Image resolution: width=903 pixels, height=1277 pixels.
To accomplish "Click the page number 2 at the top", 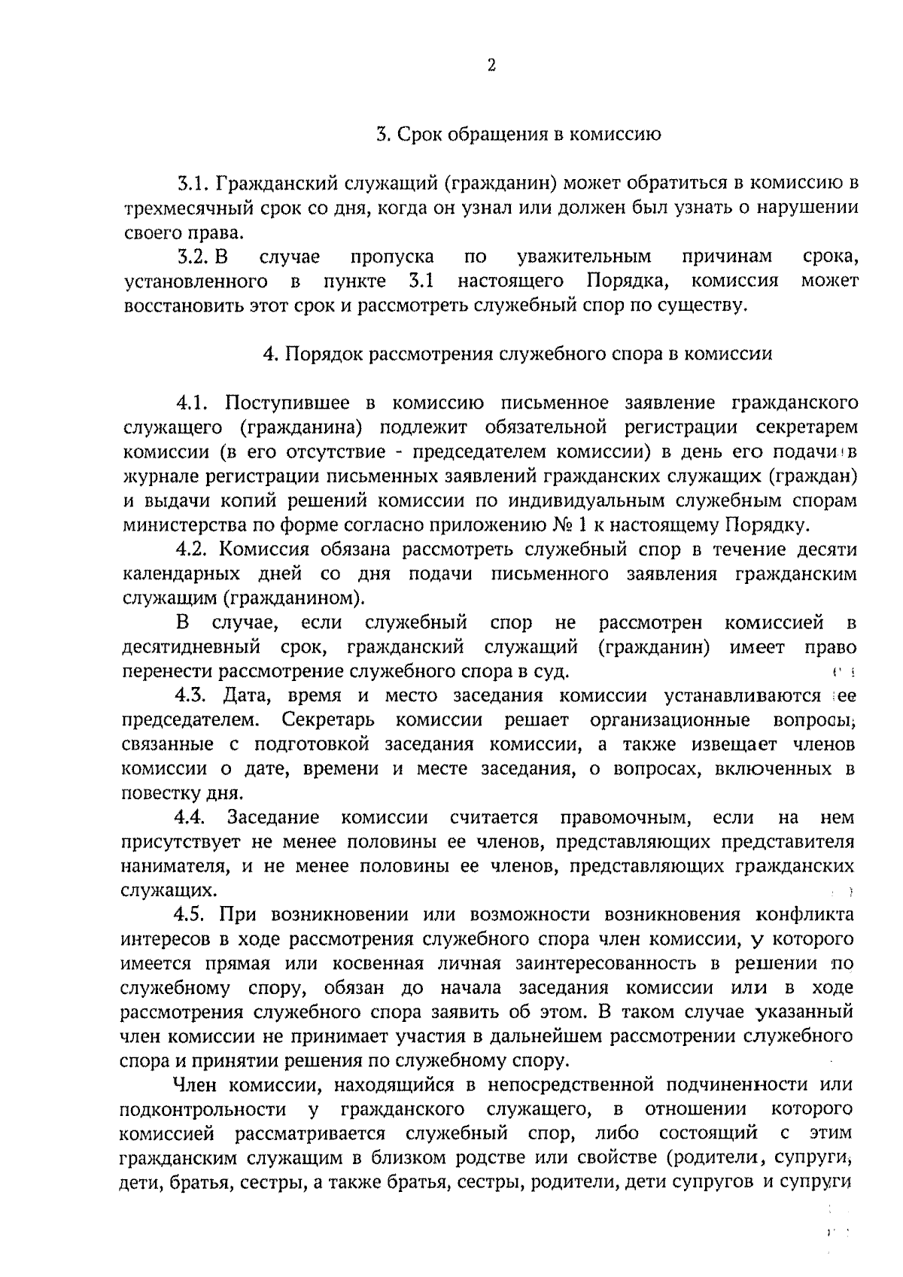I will pyautogui.click(x=492, y=65).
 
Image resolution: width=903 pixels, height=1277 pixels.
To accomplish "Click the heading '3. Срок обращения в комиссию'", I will pyautogui.click(x=518, y=135).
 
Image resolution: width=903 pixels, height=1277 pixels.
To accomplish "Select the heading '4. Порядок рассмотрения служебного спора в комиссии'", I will pyautogui.click(x=518, y=354).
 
